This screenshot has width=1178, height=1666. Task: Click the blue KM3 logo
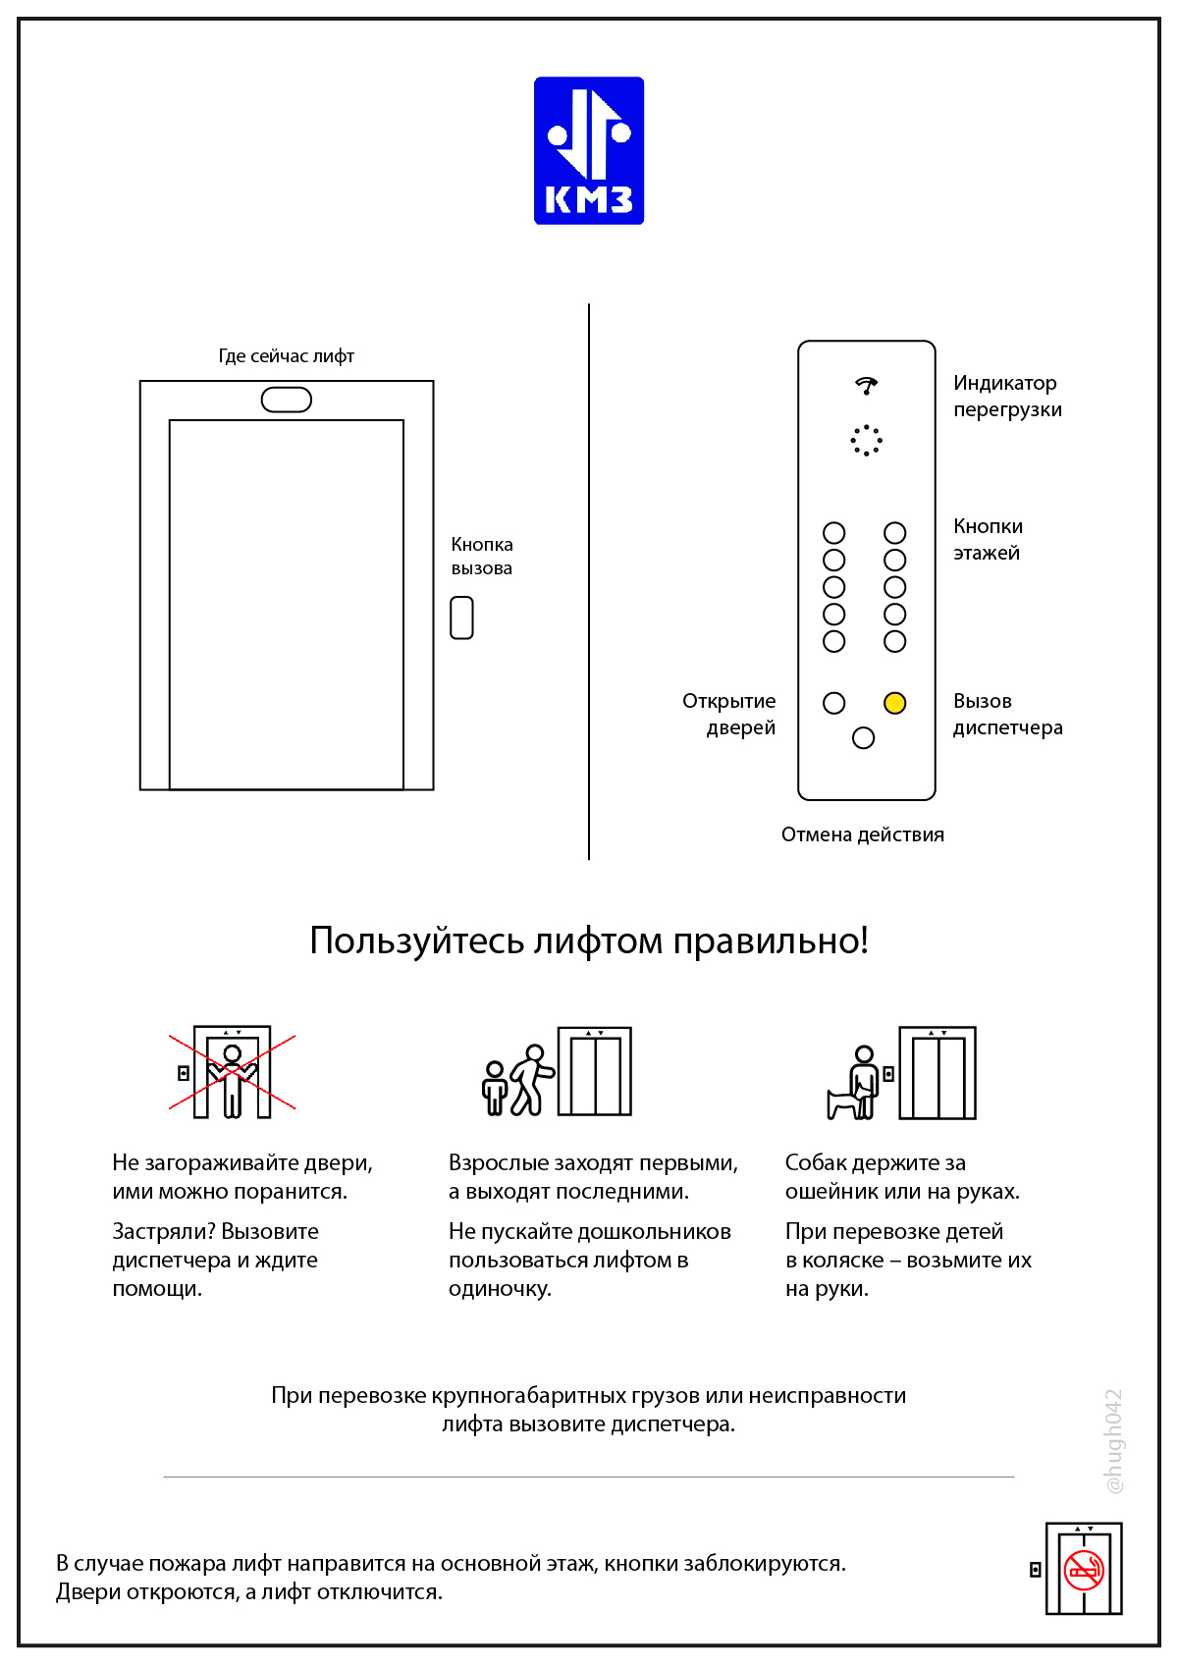point(588,150)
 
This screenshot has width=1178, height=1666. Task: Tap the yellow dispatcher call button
point(894,703)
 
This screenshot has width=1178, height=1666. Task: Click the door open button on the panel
point(833,703)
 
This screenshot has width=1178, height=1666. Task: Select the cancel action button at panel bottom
point(863,737)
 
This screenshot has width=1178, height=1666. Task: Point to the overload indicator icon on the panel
point(866,385)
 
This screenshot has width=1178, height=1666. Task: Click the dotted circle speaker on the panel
point(866,440)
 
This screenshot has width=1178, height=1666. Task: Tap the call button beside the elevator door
point(461,618)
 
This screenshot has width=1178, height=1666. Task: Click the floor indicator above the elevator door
point(286,400)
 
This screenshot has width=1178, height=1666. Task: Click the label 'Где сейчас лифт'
point(286,355)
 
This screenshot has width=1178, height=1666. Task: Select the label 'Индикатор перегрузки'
point(1007,396)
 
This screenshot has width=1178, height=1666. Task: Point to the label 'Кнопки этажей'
point(988,539)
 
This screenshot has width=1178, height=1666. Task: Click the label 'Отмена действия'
point(862,834)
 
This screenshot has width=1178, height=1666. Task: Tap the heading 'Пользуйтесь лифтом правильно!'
point(588,940)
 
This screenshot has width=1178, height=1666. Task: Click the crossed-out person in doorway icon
point(232,1072)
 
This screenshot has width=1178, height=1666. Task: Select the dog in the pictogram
point(842,1102)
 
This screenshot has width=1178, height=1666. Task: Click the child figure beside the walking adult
point(495,1087)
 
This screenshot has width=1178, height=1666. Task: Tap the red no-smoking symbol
point(1084,1570)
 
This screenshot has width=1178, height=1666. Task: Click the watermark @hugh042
point(1113,1440)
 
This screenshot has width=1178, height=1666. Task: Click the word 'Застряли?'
point(163,1231)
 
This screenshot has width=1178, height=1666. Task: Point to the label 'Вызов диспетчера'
point(1007,714)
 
